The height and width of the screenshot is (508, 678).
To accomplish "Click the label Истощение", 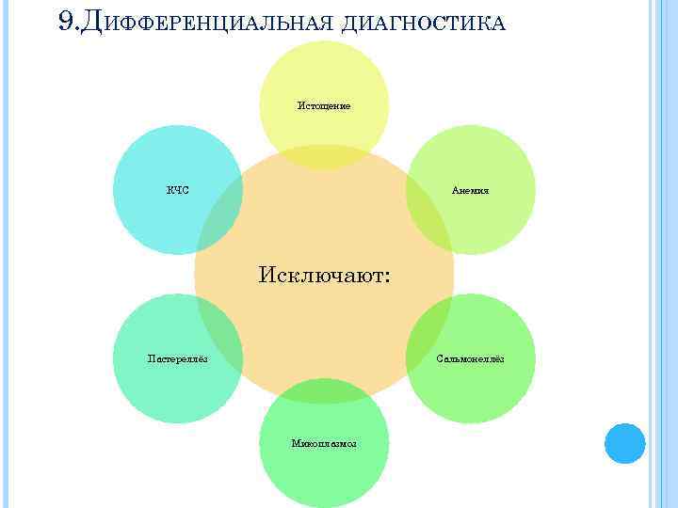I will pos(324,105).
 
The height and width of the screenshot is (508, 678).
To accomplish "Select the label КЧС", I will pos(178,191).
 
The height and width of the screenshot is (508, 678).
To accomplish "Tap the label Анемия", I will pos(470,191).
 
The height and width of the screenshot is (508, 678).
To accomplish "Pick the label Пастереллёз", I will pos(179,358).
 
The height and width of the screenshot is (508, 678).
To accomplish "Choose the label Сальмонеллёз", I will pos(471,358).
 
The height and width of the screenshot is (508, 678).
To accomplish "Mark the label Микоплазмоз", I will pos(324,443).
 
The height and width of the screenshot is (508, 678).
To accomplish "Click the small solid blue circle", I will pos(624,443).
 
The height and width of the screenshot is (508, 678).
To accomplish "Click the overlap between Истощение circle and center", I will pos(324,158).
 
